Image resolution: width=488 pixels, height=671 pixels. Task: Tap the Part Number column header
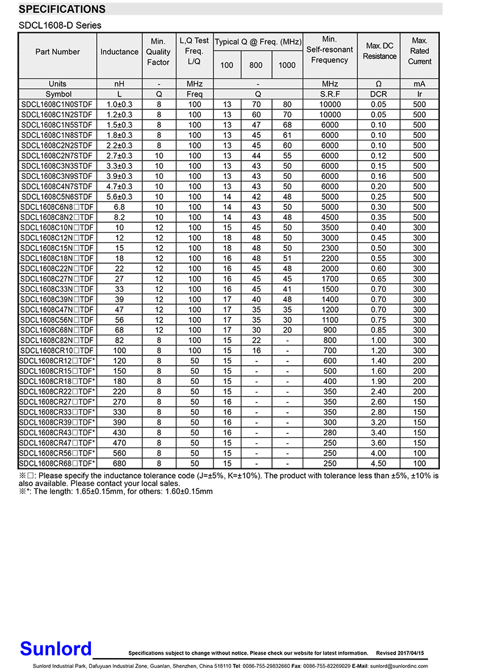click(57, 52)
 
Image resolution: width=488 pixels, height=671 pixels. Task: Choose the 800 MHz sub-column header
click(256, 65)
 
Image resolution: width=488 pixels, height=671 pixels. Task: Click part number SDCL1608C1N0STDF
click(57, 104)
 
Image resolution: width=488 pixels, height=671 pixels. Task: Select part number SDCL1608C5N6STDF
click(57, 197)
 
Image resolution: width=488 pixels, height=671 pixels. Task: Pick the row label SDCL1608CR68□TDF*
click(57, 463)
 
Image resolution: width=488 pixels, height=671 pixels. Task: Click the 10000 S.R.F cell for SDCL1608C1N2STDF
click(329, 115)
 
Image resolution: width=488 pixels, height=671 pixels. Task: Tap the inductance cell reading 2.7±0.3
click(119, 156)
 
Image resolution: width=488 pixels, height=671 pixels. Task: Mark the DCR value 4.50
click(379, 463)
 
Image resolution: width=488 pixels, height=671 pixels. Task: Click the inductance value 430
click(119, 432)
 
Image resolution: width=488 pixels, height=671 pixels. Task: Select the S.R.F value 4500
click(329, 217)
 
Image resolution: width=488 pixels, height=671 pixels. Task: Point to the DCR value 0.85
click(379, 330)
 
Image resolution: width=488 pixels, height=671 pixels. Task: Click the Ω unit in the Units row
click(379, 84)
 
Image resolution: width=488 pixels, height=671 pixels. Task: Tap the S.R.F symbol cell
click(329, 94)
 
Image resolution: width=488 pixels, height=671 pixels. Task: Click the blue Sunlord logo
click(56, 648)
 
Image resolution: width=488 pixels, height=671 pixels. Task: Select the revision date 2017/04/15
click(408, 653)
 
